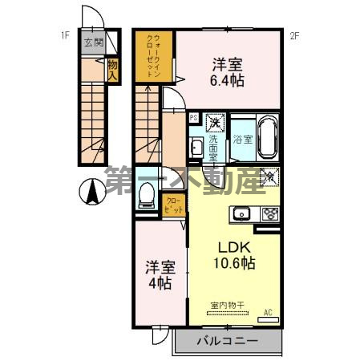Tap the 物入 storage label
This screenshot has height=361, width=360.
tap(113, 68)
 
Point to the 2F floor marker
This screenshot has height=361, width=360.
tap(294, 34)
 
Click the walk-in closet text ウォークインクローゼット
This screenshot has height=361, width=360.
tap(154, 53)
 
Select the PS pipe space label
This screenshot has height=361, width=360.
tap(193, 117)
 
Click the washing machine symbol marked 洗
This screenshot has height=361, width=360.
tap(214, 123)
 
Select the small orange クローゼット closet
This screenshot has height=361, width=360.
tap(172, 204)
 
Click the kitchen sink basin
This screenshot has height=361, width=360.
tap(241, 213)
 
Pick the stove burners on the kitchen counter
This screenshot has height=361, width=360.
tap(269, 213)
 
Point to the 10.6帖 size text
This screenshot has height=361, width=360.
tap(233, 263)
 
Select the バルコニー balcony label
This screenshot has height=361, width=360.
tap(227, 343)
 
